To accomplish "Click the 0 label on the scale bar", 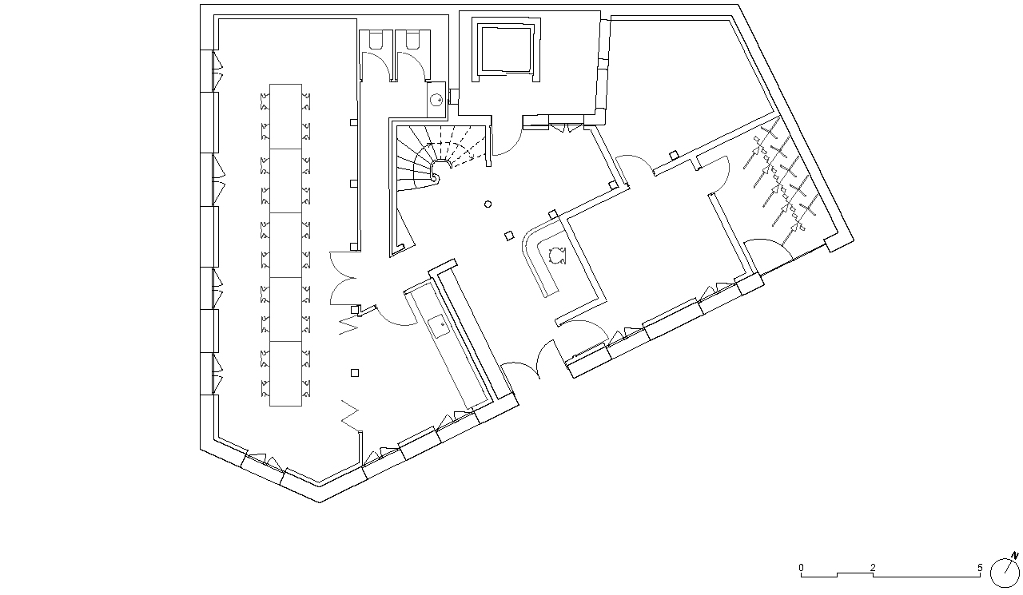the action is pyautogui.click(x=801, y=568).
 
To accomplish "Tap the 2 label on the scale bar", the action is pyautogui.click(x=873, y=568).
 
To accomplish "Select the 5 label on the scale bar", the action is pyautogui.click(x=980, y=568).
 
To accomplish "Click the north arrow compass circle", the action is pyautogui.click(x=1005, y=573).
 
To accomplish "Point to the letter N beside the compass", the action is pyautogui.click(x=1015, y=556).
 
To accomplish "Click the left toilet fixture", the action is pyautogui.click(x=377, y=39).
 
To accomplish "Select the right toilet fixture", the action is pyautogui.click(x=412, y=39).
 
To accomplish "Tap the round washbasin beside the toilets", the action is pyautogui.click(x=436, y=100).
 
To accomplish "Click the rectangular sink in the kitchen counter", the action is pyautogui.click(x=440, y=326).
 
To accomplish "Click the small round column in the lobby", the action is pyautogui.click(x=488, y=204).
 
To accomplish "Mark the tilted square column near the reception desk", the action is pyautogui.click(x=509, y=236).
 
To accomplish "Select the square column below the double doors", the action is pyautogui.click(x=355, y=373).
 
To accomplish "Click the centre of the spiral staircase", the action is pyautogui.click(x=439, y=173).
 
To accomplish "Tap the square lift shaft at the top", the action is pyautogui.click(x=506, y=50).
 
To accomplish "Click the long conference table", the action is pyautogui.click(x=285, y=245).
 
